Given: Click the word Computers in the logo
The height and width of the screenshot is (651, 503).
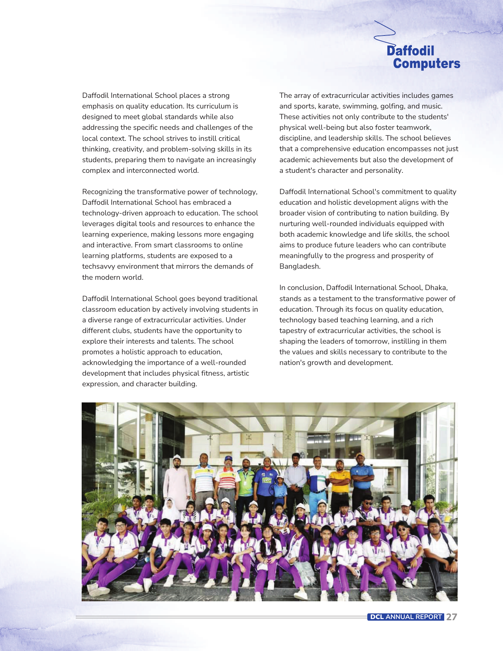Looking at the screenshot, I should pos(426,64).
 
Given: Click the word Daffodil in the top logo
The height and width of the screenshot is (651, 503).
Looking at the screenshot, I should pos(410,51).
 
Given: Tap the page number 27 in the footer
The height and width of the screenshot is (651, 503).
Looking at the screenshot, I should pos(451,617).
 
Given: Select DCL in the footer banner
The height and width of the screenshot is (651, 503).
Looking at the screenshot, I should pos(377,617).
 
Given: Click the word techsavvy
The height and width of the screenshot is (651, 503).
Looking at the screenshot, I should pos(100,266).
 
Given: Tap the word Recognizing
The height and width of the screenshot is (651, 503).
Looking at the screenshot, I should pos(102,192).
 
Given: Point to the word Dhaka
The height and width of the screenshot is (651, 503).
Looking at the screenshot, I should pos(436,288).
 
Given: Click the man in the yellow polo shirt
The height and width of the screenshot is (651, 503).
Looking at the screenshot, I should pos(339,479).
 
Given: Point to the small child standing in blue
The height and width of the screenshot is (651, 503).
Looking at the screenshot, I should pos(280,491).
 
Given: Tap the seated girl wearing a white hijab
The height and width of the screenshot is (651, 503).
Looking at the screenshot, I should pos(170,509).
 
